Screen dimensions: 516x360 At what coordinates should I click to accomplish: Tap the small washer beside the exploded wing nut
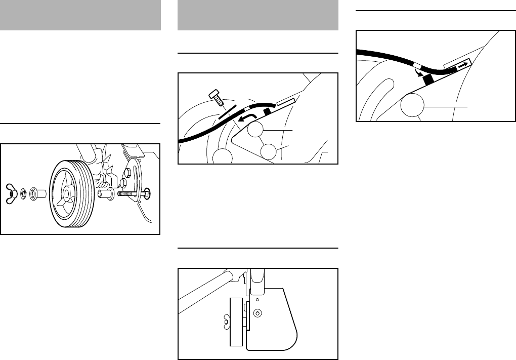point(23,194)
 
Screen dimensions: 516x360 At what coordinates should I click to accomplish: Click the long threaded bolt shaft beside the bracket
point(130,193)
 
